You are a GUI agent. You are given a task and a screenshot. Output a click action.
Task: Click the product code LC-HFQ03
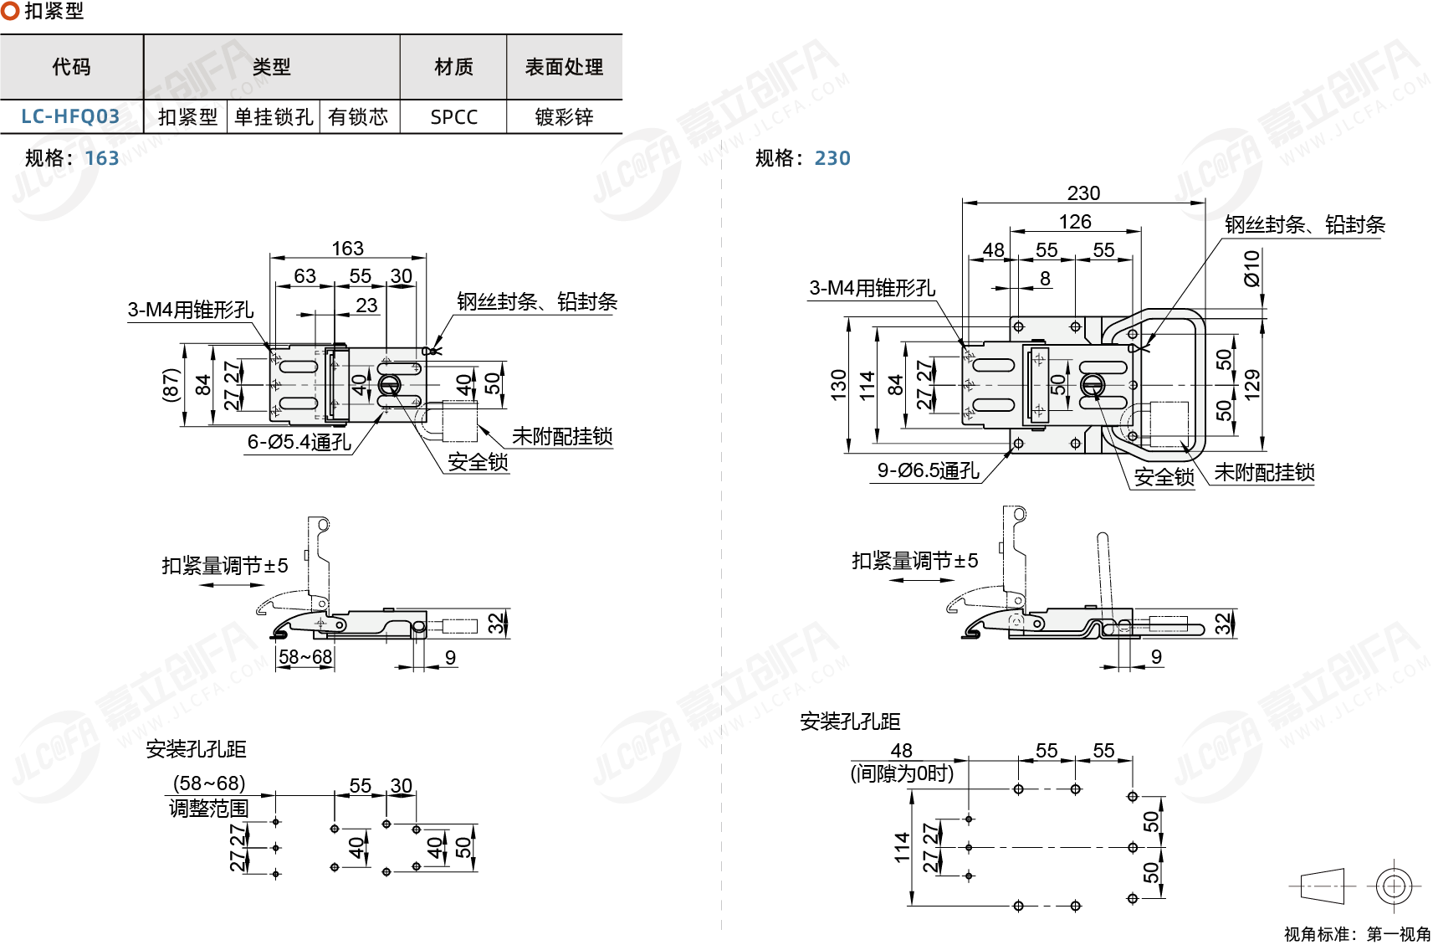tap(70, 116)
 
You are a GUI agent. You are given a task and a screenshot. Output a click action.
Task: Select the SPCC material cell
tap(453, 117)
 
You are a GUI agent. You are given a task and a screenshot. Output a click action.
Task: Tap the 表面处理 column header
tap(564, 67)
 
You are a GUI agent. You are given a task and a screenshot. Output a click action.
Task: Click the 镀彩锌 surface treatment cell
tap(564, 117)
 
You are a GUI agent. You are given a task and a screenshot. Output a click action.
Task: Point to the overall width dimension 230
tap(1083, 193)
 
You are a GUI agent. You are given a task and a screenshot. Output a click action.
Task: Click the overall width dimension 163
tap(347, 249)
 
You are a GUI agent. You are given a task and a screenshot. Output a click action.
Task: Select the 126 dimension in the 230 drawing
tap(1075, 222)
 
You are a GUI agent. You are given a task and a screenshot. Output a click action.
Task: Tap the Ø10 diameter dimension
tap(1251, 268)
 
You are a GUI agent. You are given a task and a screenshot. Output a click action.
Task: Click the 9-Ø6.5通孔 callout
tap(928, 471)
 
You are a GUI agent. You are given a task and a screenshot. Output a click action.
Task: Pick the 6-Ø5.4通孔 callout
tap(299, 442)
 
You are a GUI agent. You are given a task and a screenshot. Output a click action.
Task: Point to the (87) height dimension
tap(171, 385)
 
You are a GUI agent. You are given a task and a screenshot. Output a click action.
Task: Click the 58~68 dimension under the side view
tap(305, 657)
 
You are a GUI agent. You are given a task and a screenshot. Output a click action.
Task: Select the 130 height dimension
tap(839, 385)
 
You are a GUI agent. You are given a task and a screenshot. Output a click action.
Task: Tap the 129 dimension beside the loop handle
tap(1252, 385)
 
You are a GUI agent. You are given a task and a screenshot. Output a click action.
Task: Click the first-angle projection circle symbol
tap(1394, 886)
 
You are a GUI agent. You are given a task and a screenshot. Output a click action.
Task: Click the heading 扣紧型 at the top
tap(54, 12)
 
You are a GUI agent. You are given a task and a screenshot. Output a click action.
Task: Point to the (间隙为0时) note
tap(902, 773)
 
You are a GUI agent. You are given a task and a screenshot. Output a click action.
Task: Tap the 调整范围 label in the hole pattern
tap(209, 809)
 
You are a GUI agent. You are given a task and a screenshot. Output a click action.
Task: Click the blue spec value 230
tap(832, 158)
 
